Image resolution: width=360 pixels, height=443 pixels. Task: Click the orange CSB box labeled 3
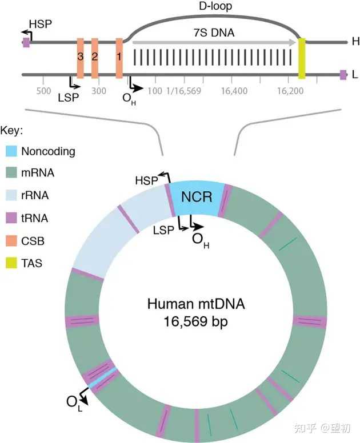click(81, 58)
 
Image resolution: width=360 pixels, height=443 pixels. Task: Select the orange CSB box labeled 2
click(95, 58)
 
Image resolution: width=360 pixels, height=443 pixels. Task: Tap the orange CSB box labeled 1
click(119, 58)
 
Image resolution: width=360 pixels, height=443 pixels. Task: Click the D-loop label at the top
click(209, 7)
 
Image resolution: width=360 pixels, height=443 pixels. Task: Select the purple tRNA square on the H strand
click(26, 42)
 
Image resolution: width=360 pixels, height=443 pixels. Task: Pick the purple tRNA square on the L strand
click(343, 74)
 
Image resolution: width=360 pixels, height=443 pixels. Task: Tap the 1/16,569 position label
click(183, 91)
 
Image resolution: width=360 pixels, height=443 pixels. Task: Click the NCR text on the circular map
click(197, 198)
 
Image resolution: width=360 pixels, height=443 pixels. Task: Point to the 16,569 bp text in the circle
click(196, 321)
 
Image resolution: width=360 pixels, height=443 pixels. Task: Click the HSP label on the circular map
click(145, 180)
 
